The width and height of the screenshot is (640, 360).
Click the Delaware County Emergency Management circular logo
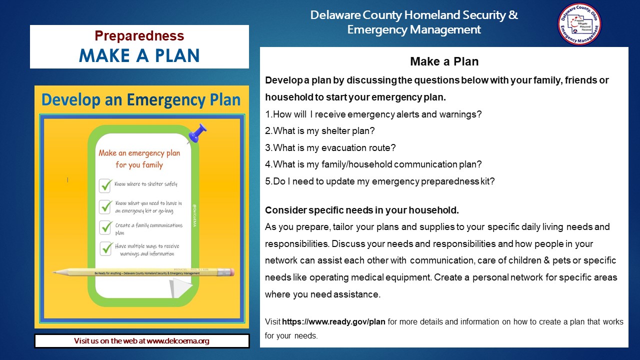[579, 24]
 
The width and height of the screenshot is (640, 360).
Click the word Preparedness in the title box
[139, 36]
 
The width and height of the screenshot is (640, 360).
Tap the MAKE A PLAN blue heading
[139, 55]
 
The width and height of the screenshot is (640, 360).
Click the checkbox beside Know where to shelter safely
[105, 185]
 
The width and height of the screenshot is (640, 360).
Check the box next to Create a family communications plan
[105, 227]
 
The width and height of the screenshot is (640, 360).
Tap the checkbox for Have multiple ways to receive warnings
[106, 248]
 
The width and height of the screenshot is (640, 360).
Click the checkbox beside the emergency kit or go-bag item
[105, 206]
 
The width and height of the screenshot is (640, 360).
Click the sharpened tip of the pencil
[55, 272]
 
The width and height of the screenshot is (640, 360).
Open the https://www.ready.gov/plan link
[333, 321]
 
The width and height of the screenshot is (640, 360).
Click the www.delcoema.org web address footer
[141, 341]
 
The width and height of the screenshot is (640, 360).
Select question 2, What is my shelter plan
[320, 131]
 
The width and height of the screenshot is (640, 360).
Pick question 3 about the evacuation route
[330, 148]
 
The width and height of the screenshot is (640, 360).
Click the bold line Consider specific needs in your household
[361, 210]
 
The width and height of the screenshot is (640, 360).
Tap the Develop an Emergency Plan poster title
[141, 100]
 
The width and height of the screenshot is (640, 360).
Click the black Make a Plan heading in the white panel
[444, 61]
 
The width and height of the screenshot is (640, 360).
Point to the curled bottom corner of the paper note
[180, 287]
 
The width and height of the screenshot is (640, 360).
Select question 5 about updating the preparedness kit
[380, 181]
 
